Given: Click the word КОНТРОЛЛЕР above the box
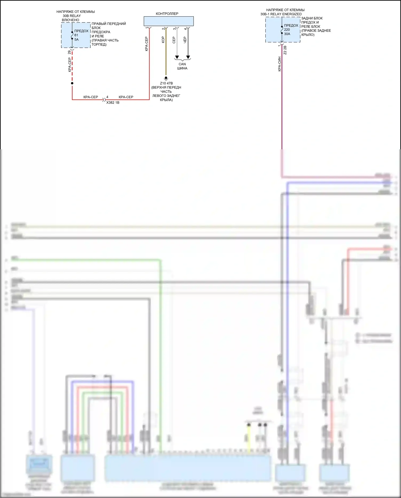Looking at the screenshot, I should pyautogui.click(x=167, y=14).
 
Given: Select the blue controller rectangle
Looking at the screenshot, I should pyautogui.click(x=168, y=21).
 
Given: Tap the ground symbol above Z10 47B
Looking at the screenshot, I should pyautogui.click(x=166, y=78).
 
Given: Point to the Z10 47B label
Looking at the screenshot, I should pyautogui.click(x=166, y=83).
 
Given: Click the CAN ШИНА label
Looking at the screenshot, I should pyautogui.click(x=182, y=66).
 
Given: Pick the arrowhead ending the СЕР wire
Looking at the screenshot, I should pyautogui.click(x=177, y=57).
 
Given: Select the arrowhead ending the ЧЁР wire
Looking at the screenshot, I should pyautogui.click(x=188, y=57).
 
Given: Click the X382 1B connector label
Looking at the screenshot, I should pyautogui.click(x=113, y=102).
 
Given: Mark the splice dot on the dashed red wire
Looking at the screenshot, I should pyautogui.click(x=72, y=83).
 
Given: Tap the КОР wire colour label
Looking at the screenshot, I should pyautogui.click(x=163, y=40).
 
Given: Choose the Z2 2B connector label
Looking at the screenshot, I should pyautogui.click(x=285, y=50).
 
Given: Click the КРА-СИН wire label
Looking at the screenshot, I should pyautogui.click(x=279, y=64).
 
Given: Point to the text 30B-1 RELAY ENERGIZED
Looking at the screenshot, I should pyautogui.click(x=281, y=14).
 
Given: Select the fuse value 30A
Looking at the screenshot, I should pyautogui.click(x=287, y=34).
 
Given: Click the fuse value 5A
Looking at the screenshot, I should pyautogui.click(x=76, y=40).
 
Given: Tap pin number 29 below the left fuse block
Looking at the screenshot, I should pyautogui.click(x=69, y=52).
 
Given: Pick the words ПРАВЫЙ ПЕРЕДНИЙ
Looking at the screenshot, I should pyautogui.click(x=109, y=24).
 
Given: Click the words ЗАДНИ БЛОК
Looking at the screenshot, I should pyautogui.click(x=312, y=18).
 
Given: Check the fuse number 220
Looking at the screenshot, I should pyautogui.click(x=287, y=30).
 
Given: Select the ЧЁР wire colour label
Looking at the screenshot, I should pyautogui.click(x=185, y=40).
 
